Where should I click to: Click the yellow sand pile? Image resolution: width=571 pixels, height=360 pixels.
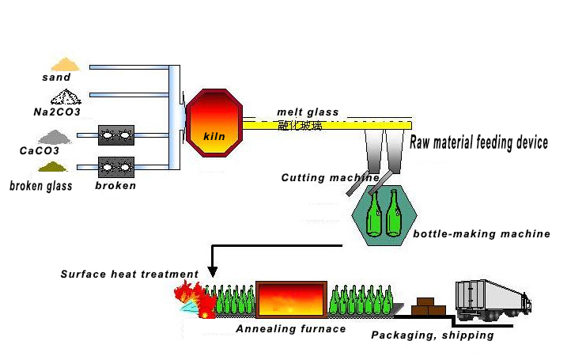[65, 63]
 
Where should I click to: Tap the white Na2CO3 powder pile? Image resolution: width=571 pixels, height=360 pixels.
[66, 97]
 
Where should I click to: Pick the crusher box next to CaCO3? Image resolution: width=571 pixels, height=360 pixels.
[115, 136]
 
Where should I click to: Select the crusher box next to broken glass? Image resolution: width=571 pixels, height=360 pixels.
[115, 167]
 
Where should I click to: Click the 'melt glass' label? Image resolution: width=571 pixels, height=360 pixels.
[308, 112]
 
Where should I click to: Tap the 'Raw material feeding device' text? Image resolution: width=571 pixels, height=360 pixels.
[478, 142]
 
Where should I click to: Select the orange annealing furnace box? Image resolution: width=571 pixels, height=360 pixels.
[291, 299]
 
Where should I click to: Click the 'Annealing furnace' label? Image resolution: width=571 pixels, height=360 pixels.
[291, 328]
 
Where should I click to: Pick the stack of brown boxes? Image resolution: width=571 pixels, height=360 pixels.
[429, 305]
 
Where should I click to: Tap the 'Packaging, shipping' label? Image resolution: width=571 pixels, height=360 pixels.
[433, 335]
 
